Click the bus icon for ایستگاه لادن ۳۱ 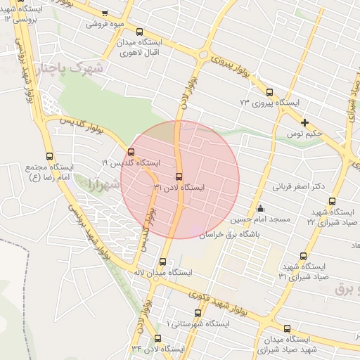tap(179, 176)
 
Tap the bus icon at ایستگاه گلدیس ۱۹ tap(131, 152)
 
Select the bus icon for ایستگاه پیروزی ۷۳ tap(269, 92)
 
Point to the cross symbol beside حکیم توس tap(304, 123)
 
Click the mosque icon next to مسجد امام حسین tap(260, 207)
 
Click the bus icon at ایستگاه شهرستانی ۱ tap(197, 313)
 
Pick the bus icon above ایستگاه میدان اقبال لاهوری tap(139, 32)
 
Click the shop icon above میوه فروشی tap(105, 13)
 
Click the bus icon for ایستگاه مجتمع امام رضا tap(49, 156)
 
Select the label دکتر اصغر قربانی tap(301, 187)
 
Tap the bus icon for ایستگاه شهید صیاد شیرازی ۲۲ tap(333, 201)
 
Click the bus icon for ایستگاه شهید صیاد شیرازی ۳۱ tap(303, 256)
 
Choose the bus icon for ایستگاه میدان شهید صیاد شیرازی tap(287, 328)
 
